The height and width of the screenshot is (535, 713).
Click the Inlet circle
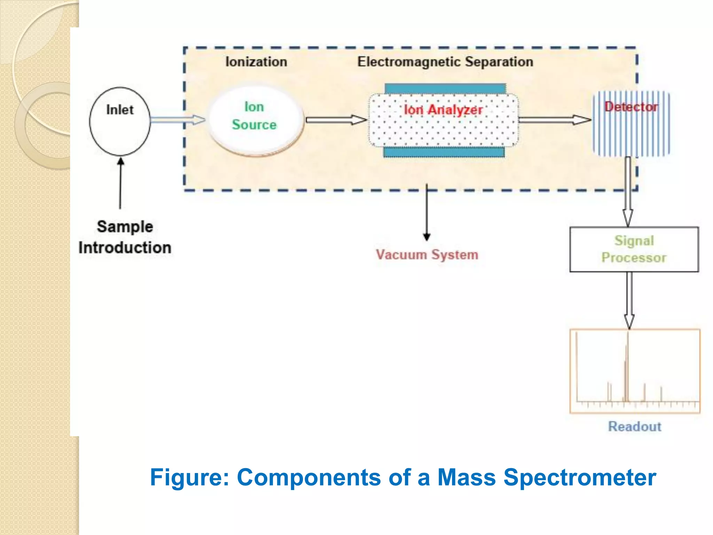pos(120,121)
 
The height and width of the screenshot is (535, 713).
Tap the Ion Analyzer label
pos(443,110)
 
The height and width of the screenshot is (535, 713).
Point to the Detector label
pos(631,107)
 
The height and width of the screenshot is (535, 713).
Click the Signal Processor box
pos(634,249)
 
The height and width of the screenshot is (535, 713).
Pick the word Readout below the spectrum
pos(634,426)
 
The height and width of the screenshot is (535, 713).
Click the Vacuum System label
pos(427,255)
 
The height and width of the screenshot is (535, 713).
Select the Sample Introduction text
pos(125,237)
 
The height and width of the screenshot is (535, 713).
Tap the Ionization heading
pos(256,62)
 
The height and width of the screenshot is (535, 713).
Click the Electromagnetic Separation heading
pos(445,62)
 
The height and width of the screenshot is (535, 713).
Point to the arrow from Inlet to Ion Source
pos(178,120)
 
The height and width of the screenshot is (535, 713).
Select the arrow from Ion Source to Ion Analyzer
pos(336,120)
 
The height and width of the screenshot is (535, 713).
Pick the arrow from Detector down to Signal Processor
pos(627,192)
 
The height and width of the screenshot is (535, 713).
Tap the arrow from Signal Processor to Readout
pos(629,300)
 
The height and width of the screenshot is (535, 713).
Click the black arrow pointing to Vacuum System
pos(427,212)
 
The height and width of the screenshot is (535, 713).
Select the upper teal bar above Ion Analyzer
pos(445,88)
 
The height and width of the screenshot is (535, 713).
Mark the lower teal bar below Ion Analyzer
pos(444,152)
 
